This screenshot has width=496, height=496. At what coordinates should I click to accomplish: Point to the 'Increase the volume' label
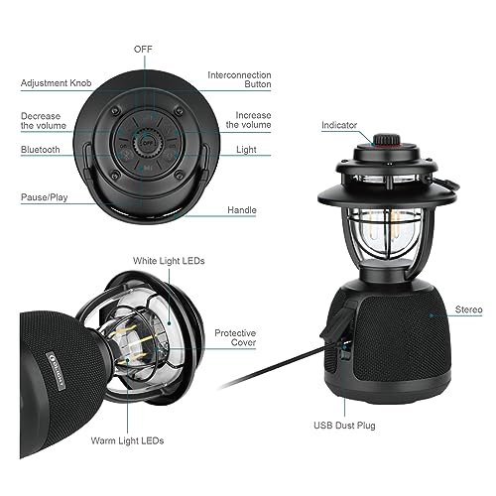(x=248, y=121)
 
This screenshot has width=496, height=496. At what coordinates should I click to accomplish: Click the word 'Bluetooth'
(x=40, y=149)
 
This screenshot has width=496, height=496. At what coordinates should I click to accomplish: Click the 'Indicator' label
(x=339, y=125)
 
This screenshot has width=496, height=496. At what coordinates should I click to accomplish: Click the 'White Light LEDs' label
(x=170, y=261)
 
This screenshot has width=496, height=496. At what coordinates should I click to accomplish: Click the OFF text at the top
(x=143, y=48)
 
